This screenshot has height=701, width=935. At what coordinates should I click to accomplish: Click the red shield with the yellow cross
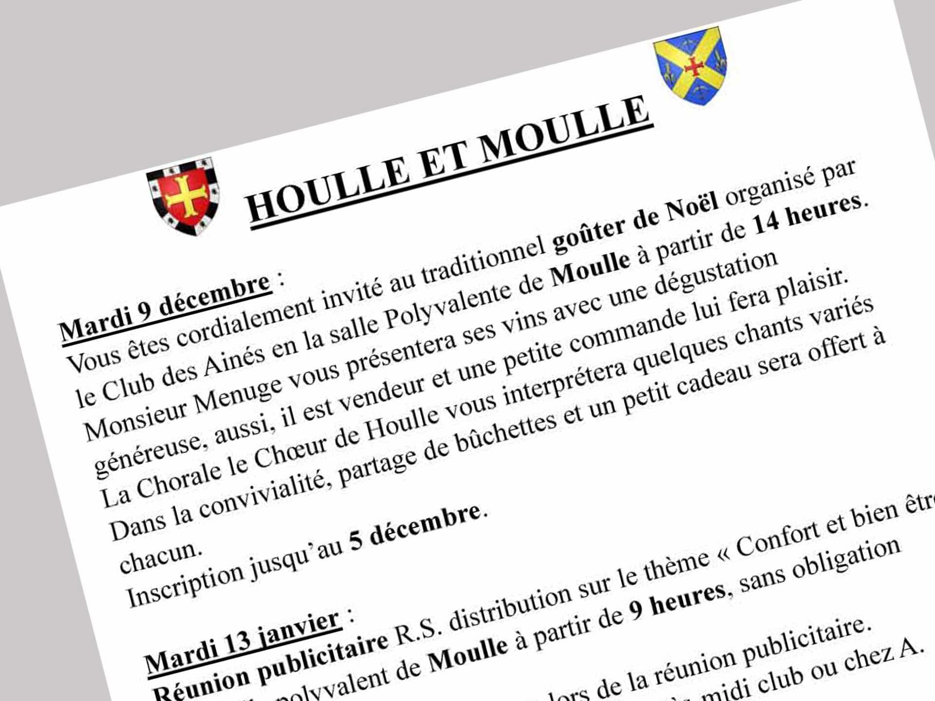[184, 196]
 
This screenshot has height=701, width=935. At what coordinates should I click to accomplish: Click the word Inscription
[185, 585]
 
